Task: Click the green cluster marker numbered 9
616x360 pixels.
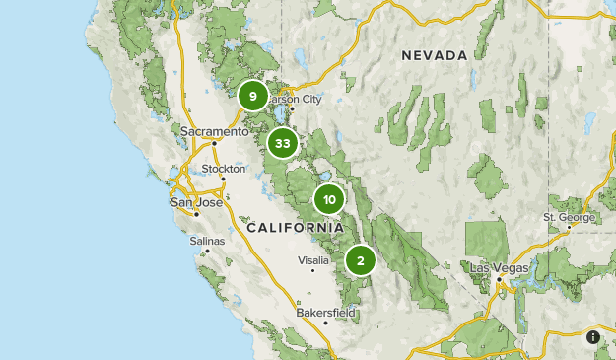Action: [253, 96]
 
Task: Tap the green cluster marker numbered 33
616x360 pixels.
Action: [283, 143]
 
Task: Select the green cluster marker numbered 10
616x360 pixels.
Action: [329, 200]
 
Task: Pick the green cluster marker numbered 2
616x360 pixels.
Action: [361, 261]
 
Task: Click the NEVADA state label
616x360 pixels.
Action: [434, 56]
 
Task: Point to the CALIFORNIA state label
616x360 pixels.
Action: [295, 228]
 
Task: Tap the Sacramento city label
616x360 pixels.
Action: [215, 131]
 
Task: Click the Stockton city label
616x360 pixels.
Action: [224, 169]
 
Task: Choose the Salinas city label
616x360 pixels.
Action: [208, 240]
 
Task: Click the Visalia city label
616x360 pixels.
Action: [312, 260]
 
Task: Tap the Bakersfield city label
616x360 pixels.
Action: [325, 313]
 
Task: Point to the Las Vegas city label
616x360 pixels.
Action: [499, 267]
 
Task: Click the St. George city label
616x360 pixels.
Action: [569, 217]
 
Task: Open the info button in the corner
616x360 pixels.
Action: [593, 337]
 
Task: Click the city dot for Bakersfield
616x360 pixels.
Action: [325, 323]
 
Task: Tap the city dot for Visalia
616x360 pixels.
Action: [312, 270]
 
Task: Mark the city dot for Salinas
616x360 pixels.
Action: [208, 251]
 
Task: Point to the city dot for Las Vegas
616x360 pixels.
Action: [499, 278]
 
